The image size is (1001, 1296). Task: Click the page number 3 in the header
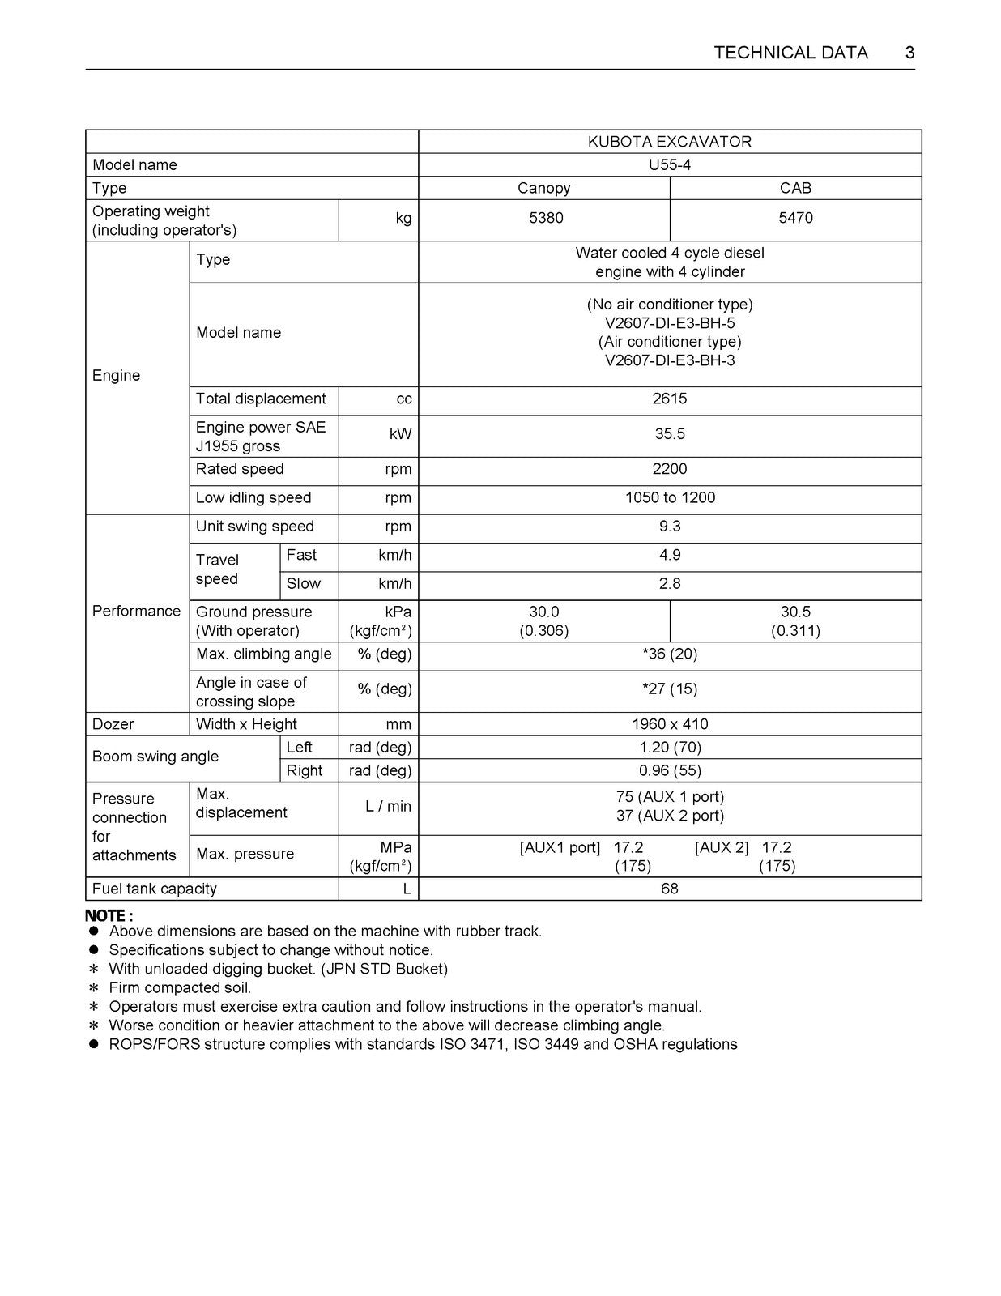click(909, 53)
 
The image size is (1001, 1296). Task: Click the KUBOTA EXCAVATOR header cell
click(670, 142)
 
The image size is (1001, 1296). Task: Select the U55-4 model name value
click(670, 165)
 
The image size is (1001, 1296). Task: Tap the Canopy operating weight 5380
click(545, 218)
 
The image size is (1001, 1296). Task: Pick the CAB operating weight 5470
click(795, 218)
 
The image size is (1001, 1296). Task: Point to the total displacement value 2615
click(670, 399)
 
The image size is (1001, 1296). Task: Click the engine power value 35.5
click(670, 434)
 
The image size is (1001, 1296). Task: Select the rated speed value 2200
click(670, 469)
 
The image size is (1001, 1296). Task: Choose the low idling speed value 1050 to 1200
click(670, 497)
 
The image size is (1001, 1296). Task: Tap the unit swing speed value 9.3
click(670, 526)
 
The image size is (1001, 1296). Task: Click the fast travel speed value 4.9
click(670, 555)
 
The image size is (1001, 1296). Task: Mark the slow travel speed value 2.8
click(670, 583)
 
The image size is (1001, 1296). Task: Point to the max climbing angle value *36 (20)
click(670, 654)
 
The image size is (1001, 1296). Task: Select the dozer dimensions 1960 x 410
click(670, 724)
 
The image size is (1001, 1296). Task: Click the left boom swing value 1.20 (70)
click(670, 748)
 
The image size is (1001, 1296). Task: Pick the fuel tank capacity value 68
click(670, 889)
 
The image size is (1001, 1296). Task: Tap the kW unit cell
click(400, 434)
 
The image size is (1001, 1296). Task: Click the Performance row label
click(136, 611)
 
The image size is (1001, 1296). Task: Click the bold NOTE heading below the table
click(109, 916)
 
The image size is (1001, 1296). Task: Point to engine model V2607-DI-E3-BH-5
click(670, 323)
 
